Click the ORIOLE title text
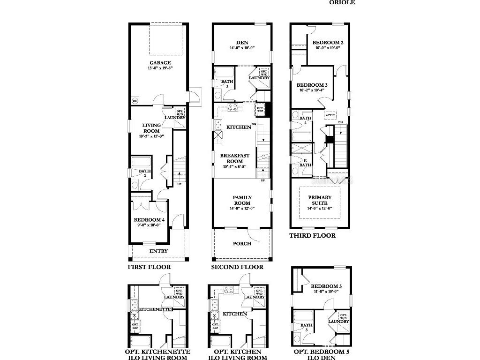tap(342, 2)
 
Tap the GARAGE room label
tap(160, 62)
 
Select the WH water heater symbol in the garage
tap(135, 101)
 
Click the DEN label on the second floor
tap(242, 43)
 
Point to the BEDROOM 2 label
tap(328, 43)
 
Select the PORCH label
tap(242, 244)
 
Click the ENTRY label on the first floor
tap(158, 251)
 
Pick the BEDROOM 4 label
tap(149, 220)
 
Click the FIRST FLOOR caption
tap(149, 267)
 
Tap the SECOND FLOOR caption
tap(237, 267)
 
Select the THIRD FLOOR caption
tap(312, 236)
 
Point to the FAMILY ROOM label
tap(242, 200)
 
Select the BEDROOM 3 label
tap(312, 85)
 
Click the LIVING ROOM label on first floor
tap(151, 128)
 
